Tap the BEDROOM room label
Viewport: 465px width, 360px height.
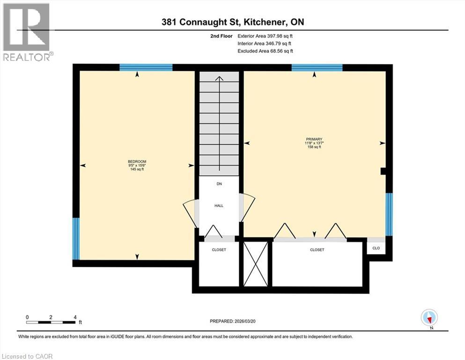137,162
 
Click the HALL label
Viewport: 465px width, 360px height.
219,205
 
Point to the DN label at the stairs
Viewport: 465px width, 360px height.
219,184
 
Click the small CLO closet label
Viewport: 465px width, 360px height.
376,247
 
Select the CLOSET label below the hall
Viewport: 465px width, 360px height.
219,250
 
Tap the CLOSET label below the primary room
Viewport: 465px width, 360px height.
317,250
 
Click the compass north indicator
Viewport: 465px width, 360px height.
429,318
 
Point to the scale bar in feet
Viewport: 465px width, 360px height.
51,322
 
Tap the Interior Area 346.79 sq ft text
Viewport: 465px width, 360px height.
265,44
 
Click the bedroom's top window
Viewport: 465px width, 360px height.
146,67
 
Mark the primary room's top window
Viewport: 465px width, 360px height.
317,67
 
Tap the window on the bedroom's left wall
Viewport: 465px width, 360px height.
76,239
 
